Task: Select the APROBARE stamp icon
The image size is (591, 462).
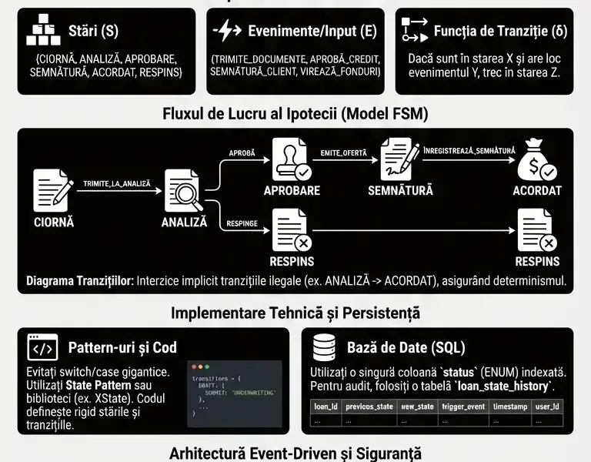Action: click(x=292, y=160)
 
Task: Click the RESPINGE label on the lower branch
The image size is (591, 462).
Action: click(x=242, y=224)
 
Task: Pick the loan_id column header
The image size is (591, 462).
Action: click(x=324, y=407)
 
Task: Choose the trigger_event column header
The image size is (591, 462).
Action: click(x=462, y=407)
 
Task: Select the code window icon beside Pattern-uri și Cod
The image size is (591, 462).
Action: click(x=42, y=348)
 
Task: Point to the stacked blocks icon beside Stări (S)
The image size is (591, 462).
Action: click(x=43, y=32)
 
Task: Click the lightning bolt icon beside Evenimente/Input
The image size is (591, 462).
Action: click(x=227, y=32)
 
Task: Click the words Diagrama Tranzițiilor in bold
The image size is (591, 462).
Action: click(x=80, y=281)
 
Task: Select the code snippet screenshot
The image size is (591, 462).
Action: click(x=235, y=393)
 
